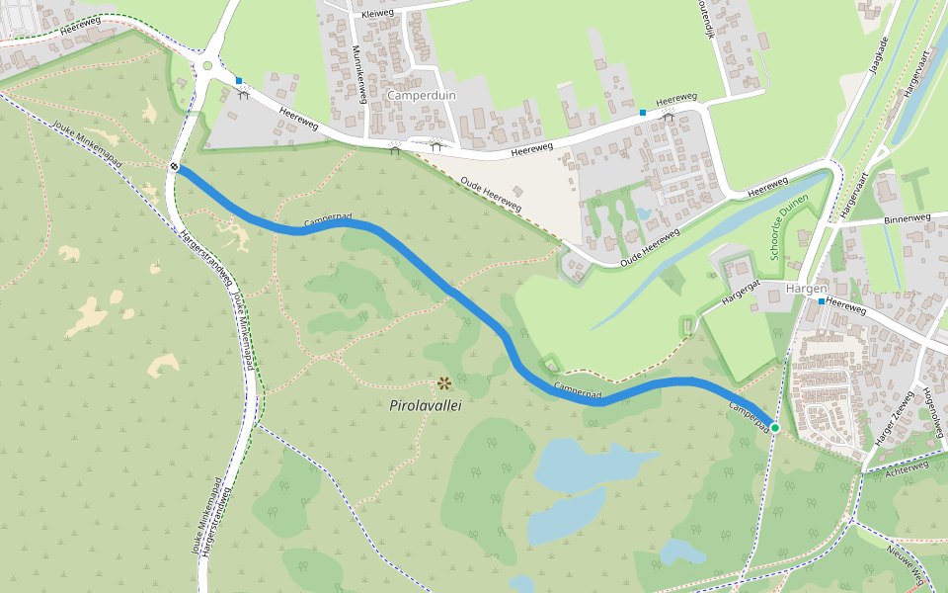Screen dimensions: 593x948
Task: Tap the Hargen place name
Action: tap(806, 288)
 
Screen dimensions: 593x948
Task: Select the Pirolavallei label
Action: tap(426, 405)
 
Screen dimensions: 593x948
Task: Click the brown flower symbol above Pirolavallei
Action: tap(444, 383)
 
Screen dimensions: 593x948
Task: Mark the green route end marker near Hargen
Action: tap(775, 428)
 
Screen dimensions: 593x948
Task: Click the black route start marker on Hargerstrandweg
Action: tap(174, 167)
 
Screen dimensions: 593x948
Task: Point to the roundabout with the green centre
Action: tap(207, 66)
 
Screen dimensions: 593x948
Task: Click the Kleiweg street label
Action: tap(377, 15)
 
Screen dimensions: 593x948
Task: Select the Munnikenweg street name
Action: tap(360, 73)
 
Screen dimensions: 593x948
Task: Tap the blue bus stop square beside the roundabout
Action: tap(239, 81)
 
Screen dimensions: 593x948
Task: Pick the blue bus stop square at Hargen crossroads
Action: tap(821, 300)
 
